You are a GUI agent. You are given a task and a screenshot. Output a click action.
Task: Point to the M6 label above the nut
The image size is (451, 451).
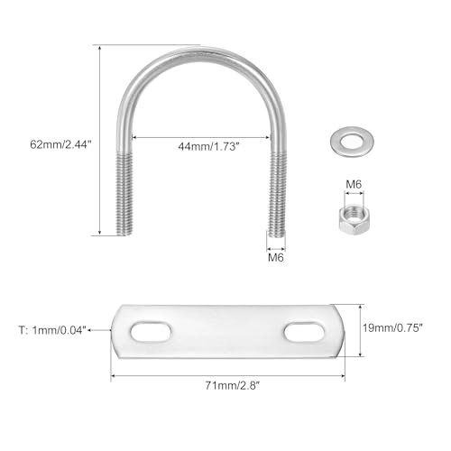pos(354,186)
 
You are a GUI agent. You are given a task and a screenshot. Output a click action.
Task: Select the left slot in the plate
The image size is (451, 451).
pos(149,333)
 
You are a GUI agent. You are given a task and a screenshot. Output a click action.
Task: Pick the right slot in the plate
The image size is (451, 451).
pos(303,333)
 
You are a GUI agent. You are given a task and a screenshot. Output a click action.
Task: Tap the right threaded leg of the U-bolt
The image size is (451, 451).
pos(278,194)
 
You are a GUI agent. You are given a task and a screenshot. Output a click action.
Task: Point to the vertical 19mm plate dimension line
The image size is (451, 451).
pos(361,330)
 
